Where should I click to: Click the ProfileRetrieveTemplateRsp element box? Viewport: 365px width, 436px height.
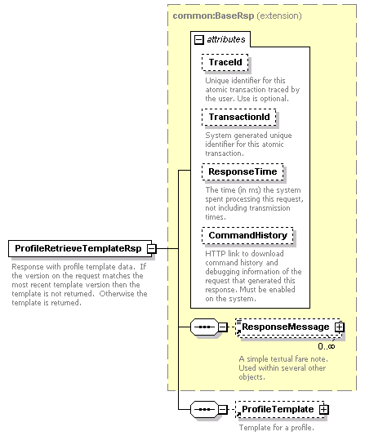[80, 248]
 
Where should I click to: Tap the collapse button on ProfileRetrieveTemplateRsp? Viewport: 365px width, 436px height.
[152, 248]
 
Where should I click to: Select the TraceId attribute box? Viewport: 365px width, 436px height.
[225, 62]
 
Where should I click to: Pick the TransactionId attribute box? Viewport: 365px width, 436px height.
[239, 117]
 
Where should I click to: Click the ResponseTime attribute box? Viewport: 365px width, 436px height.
[243, 171]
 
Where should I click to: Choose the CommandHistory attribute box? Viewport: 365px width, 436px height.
[247, 235]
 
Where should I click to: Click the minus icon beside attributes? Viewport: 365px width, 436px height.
[198, 40]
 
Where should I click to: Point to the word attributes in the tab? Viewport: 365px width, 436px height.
[226, 39]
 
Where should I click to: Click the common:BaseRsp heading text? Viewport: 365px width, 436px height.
[213, 16]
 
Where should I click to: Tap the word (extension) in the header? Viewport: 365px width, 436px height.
[278, 16]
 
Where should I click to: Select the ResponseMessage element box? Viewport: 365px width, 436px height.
[288, 327]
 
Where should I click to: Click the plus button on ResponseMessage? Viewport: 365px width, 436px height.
[339, 327]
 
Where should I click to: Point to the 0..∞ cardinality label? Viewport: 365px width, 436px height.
[327, 346]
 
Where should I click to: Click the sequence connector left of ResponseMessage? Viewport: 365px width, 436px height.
[204, 327]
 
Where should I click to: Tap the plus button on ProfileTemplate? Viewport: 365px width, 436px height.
[324, 409]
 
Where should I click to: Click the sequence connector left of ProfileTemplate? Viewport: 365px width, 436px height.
[204, 409]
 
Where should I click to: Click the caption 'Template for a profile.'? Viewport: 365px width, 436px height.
[277, 427]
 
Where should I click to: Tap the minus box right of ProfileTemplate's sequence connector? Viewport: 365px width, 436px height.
[223, 409]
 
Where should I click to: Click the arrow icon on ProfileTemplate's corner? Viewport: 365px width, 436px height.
[238, 415]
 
